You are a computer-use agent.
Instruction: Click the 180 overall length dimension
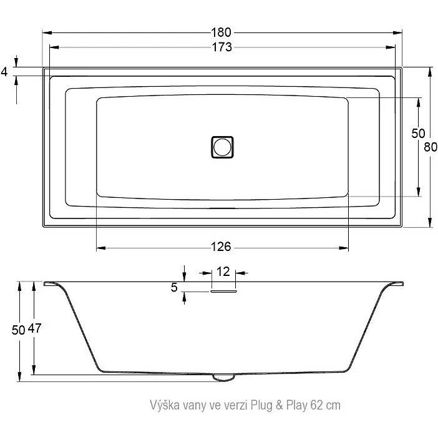click(x=221, y=32)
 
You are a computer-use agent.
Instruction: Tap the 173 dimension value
click(x=221, y=47)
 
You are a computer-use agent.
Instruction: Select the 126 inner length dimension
click(x=221, y=247)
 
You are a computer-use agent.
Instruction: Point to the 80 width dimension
click(x=431, y=147)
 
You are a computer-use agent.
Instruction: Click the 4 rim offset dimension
click(x=4, y=72)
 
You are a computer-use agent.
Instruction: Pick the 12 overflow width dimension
click(x=223, y=272)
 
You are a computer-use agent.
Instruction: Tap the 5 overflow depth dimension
click(x=174, y=287)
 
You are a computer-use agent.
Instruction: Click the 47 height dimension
click(x=34, y=328)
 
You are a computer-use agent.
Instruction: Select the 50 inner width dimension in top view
click(x=418, y=134)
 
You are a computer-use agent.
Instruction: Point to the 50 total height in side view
click(x=19, y=330)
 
